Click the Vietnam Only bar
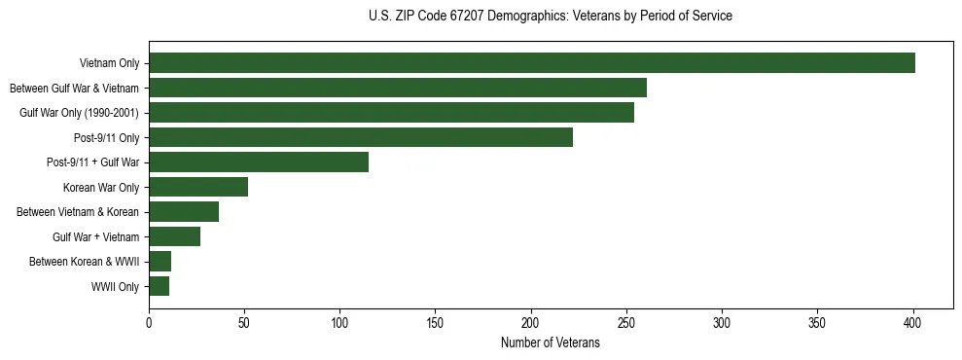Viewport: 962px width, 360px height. point(532,63)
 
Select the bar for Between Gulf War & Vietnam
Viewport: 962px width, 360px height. point(398,88)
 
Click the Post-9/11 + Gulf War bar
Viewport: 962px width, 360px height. point(259,162)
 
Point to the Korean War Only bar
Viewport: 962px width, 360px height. point(198,187)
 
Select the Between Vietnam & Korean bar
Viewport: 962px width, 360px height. point(184,212)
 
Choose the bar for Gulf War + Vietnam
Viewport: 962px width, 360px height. point(175,236)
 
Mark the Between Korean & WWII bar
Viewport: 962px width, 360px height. point(160,262)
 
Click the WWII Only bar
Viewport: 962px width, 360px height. point(160,286)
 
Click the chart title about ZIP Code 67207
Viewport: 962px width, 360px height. point(551,17)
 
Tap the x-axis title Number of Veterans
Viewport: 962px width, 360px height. point(551,343)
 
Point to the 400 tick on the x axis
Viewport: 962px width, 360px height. point(913,322)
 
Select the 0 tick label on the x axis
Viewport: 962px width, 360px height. point(149,322)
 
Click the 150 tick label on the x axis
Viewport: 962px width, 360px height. point(436,322)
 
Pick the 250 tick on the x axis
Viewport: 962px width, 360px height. point(626,322)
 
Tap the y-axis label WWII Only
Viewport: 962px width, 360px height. point(115,287)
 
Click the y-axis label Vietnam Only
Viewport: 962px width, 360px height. point(109,64)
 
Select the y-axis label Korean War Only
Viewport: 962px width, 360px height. point(101,188)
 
